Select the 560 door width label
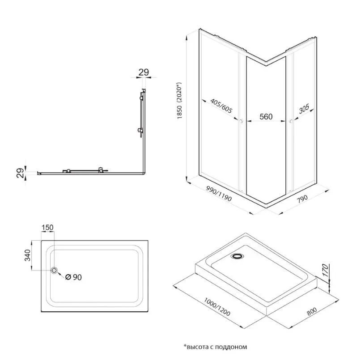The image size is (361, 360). [266, 117]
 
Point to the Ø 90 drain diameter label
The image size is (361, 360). [73, 277]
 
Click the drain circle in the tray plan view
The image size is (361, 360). [54, 270]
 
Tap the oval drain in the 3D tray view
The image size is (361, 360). [237, 257]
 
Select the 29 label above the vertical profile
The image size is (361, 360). [143, 72]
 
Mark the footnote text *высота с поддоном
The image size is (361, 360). [215, 346]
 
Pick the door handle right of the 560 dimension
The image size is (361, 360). [291, 121]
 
